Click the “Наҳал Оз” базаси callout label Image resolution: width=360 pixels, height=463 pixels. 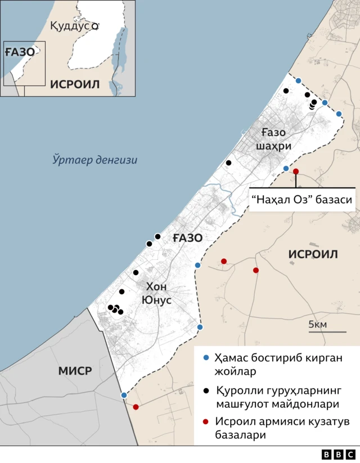[x=301, y=200]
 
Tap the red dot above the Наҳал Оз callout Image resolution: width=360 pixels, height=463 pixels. [x=296, y=172]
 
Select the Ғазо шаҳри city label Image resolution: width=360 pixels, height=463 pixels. [x=273, y=139]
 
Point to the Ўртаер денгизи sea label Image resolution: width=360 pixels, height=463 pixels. [x=95, y=160]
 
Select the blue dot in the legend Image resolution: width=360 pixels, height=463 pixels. [x=206, y=358]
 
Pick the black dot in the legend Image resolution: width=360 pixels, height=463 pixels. [x=206, y=390]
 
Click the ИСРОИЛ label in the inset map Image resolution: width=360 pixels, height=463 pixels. [x=75, y=84]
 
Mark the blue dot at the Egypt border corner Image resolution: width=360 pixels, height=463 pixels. [x=124, y=395]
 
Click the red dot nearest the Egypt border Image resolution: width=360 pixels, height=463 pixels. [x=136, y=407]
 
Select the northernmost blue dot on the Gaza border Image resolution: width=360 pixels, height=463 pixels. [x=298, y=80]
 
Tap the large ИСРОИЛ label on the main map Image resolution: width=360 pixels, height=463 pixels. [x=313, y=254]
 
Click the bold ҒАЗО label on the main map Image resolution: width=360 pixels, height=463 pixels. [x=187, y=238]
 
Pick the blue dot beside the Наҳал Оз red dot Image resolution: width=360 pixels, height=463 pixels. [x=286, y=168]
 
